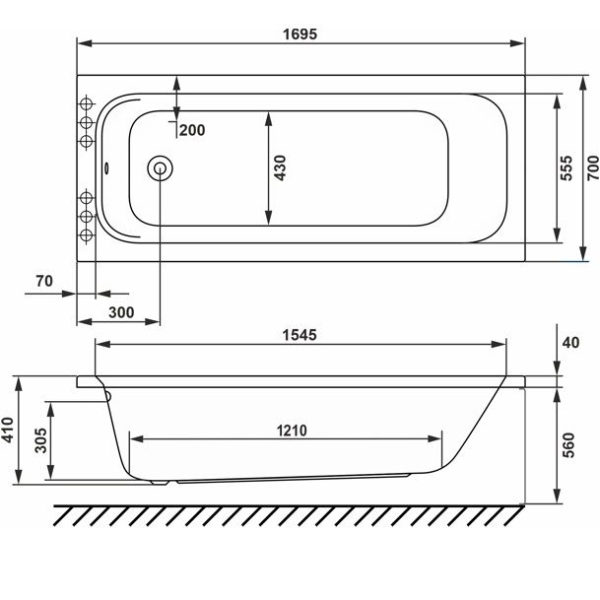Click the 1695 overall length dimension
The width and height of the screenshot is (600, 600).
tap(300, 34)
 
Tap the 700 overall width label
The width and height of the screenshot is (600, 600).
tap(593, 167)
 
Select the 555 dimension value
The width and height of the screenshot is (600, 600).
tap(566, 167)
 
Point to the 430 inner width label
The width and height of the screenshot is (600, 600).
tap(280, 167)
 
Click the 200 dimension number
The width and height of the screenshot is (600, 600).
tap(192, 130)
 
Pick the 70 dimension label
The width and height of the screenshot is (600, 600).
tap(44, 281)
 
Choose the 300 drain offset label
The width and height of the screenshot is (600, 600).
tap(121, 312)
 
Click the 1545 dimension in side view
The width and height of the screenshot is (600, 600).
tap(300, 335)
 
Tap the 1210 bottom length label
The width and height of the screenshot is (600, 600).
tap(292, 431)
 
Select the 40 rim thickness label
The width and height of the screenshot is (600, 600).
tap(570, 343)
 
